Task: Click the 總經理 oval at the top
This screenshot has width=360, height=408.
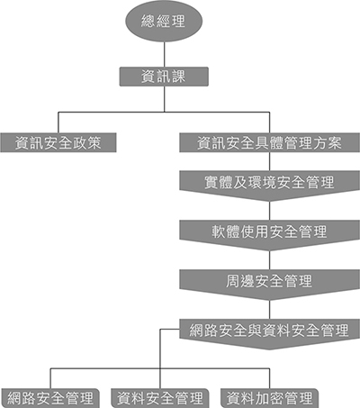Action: pyautogui.click(x=164, y=21)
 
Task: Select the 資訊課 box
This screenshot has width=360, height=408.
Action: pyautogui.click(x=164, y=77)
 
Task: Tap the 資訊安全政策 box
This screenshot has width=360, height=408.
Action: pyautogui.click(x=58, y=142)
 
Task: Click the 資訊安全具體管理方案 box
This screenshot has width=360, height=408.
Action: pyautogui.click(x=269, y=142)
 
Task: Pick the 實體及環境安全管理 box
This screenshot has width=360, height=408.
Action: pyautogui.click(x=269, y=186)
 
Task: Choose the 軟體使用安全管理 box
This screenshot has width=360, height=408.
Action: pyautogui.click(x=269, y=235)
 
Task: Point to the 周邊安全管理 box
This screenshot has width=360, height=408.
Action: pyautogui.click(x=269, y=285)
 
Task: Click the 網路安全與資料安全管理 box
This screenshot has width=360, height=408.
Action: pyautogui.click(x=269, y=334)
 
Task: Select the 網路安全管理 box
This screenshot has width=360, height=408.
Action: pyautogui.click(x=50, y=398)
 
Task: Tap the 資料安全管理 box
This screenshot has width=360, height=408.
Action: pyautogui.click(x=160, y=398)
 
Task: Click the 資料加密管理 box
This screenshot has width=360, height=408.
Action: pyautogui.click(x=269, y=398)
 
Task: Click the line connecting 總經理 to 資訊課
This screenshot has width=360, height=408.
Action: pyautogui.click(x=164, y=54)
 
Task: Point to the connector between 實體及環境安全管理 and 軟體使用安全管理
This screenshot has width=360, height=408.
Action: pyautogui.click(x=269, y=211)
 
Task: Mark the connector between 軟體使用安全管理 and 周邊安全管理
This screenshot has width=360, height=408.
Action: pyautogui.click(x=269, y=260)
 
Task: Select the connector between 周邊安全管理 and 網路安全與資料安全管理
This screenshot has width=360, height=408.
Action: pyautogui.click(x=269, y=310)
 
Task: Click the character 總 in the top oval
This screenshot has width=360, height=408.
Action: pyautogui.click(x=148, y=21)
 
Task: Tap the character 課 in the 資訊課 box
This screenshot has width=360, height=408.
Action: pyautogui.click(x=178, y=77)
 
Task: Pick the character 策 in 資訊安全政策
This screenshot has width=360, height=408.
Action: pyautogui.click(x=94, y=142)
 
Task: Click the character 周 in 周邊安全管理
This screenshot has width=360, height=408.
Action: pyautogui.click(x=233, y=281)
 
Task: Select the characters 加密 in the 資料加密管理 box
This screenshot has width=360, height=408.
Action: pyautogui.click(x=269, y=398)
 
